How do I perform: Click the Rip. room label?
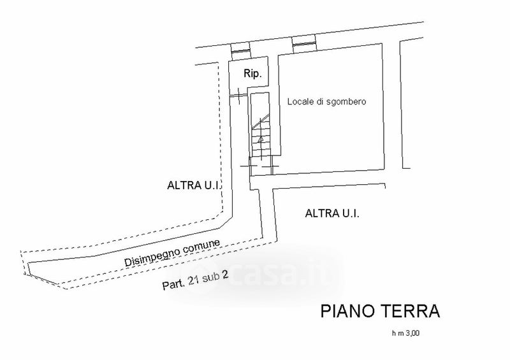click(x=252, y=74)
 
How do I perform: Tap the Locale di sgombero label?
click(x=326, y=102)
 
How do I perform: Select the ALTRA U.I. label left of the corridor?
click(x=194, y=185)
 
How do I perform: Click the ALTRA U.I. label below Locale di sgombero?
click(x=332, y=213)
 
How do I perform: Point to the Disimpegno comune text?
click(x=173, y=254)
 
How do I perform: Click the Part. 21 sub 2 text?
click(x=196, y=280)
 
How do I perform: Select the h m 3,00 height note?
click(x=406, y=333)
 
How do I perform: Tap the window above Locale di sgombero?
click(x=304, y=43)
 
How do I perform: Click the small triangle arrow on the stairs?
click(x=261, y=140)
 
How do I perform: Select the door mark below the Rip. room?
click(x=239, y=95)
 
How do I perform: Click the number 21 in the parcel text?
click(x=195, y=280)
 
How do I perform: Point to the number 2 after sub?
click(x=225, y=275)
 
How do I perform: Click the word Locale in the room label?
click(x=298, y=102)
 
